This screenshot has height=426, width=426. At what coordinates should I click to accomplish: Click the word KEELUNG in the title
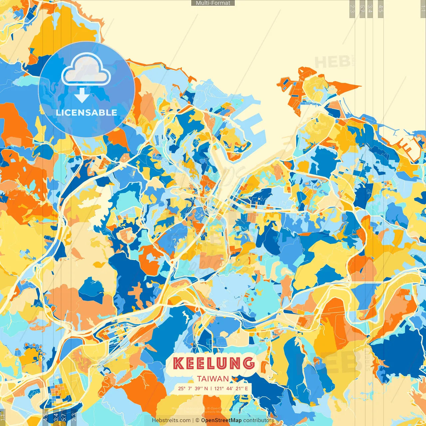coord(213,363)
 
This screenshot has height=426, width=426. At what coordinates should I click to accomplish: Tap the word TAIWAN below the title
coord(213,379)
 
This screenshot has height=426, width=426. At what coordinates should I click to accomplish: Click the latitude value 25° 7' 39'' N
coord(193,388)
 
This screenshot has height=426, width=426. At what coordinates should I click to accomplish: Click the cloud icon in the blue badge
coord(86,70)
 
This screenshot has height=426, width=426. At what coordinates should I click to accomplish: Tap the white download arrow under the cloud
coord(82,95)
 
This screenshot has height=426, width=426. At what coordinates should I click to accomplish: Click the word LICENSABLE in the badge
coord(86,112)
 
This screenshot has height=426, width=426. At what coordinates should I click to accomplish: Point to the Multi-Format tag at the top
coord(213,3)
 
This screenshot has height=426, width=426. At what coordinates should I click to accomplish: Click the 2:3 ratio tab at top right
coord(352,8)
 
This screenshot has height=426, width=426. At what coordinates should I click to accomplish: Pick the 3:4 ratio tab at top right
coord(370,8)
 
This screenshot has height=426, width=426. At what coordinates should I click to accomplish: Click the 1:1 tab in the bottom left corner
coord(3,417)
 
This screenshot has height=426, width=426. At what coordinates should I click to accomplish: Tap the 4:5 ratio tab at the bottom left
coord(45,417)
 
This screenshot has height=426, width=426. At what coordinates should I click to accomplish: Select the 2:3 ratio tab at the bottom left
coord(74,417)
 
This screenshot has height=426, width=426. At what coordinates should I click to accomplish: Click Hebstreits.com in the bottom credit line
coord(171,420)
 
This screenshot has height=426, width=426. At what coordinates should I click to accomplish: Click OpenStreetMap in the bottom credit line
coord(221,420)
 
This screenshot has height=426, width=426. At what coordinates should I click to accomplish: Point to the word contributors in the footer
coord(258,420)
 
